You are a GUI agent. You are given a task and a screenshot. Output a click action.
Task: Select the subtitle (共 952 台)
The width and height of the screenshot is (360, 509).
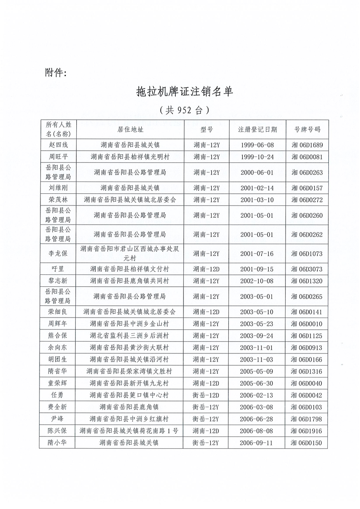[x=184, y=110]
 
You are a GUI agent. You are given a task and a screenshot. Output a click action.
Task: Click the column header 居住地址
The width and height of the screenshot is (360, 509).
[x=130, y=129]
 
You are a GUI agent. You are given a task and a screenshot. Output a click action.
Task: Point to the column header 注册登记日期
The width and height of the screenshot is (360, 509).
[x=257, y=129]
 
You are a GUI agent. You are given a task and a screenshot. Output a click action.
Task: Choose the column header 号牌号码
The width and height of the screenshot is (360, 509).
[x=307, y=129]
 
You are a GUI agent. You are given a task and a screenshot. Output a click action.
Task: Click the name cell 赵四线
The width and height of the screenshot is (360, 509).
[x=57, y=145]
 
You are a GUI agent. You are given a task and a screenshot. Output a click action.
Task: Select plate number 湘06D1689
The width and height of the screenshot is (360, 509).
[x=307, y=145]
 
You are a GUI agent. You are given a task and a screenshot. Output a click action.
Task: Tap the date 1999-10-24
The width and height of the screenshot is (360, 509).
[x=257, y=157]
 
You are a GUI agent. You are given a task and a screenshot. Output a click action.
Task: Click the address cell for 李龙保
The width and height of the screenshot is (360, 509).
[x=130, y=253]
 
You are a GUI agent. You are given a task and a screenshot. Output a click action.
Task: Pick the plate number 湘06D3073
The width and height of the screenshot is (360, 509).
[x=307, y=269]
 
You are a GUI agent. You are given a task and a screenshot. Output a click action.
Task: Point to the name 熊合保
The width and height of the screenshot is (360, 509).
[x=57, y=336]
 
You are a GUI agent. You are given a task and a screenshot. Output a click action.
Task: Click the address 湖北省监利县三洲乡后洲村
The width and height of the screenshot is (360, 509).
[x=130, y=336]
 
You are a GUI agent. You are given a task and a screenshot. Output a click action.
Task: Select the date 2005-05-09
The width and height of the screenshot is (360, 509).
[x=257, y=371]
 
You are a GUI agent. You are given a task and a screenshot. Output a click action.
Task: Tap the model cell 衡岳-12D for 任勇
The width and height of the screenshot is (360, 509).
[x=206, y=395]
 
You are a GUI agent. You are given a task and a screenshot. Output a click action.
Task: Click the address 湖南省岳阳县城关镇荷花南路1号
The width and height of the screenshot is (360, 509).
[x=130, y=430]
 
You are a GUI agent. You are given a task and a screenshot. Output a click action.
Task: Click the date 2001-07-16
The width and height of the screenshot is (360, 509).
[x=257, y=253]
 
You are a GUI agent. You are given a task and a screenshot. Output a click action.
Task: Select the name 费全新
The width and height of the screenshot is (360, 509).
[x=57, y=406]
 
